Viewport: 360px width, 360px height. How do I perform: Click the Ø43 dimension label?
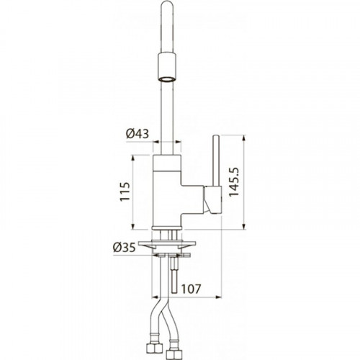(x=138, y=133)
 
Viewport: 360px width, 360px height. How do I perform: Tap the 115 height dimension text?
(x=125, y=192)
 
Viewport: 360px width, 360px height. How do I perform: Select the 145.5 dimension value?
(x=234, y=182)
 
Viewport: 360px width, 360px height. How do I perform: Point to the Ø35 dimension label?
(x=124, y=248)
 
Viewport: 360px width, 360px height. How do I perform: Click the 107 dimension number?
(x=190, y=289)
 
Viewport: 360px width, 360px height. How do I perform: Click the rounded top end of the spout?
(x=167, y=5)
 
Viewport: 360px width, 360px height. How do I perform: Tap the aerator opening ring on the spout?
(x=167, y=79)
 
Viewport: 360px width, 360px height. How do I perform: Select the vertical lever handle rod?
(x=216, y=161)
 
